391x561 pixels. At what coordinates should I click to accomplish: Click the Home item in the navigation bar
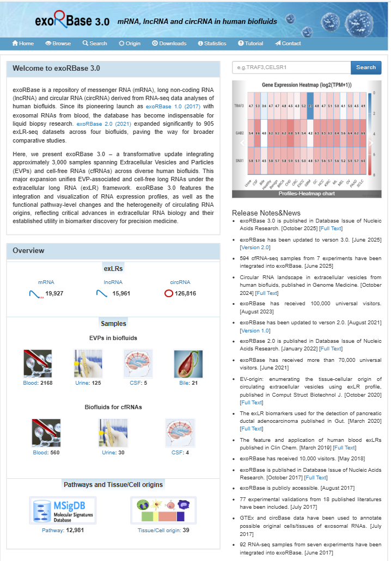tap(23, 44)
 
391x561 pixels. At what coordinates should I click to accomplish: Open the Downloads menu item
tap(169, 44)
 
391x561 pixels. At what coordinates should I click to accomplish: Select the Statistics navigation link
tap(212, 44)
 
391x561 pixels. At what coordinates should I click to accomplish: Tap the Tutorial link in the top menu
tap(251, 44)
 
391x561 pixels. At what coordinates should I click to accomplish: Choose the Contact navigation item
tap(288, 44)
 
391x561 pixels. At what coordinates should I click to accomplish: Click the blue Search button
tap(365, 67)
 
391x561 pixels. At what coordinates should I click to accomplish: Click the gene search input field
tap(291, 67)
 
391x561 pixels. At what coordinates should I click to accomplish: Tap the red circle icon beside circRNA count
tap(169, 294)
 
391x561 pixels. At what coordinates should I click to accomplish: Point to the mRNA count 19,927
tap(54, 294)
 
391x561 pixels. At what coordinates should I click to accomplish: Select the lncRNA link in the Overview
tap(113, 282)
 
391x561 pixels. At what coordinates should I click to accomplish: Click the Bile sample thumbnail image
tap(188, 363)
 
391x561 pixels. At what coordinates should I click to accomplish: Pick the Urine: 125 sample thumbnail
tap(88, 363)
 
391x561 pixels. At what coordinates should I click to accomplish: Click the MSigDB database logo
tap(63, 510)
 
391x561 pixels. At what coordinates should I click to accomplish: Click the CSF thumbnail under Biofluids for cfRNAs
tap(180, 433)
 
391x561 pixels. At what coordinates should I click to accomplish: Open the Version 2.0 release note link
tap(252, 248)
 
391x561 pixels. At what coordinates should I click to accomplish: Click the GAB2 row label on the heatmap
tap(239, 133)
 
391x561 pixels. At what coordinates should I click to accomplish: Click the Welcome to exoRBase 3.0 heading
tap(57, 69)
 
